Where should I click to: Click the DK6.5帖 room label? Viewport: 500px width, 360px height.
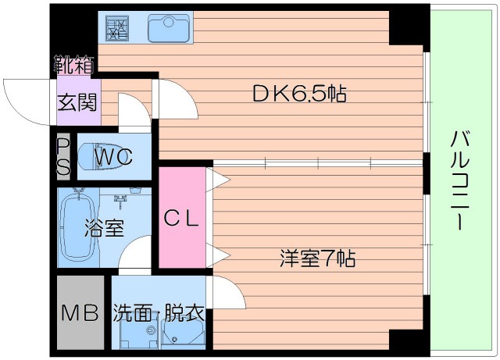[x=299, y=94]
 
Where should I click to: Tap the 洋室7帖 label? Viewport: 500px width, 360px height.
[x=318, y=258]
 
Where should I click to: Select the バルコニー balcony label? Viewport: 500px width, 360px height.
[x=460, y=180]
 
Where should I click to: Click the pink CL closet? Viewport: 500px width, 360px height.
[x=182, y=218]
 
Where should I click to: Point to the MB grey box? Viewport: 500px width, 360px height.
[x=80, y=312]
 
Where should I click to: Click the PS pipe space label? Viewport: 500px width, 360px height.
[x=63, y=157]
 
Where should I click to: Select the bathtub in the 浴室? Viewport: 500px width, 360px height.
[x=78, y=227]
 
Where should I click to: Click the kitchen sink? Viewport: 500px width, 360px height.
[x=169, y=29]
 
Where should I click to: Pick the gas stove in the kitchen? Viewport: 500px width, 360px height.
[x=117, y=28]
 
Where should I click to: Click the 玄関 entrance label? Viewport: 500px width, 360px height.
[x=77, y=102]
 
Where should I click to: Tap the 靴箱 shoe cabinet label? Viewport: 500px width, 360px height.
[x=74, y=64]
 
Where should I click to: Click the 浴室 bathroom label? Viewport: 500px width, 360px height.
[x=104, y=228]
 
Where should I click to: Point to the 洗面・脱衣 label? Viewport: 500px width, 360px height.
[x=159, y=312]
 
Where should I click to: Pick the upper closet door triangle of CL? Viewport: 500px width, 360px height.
[x=218, y=180]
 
